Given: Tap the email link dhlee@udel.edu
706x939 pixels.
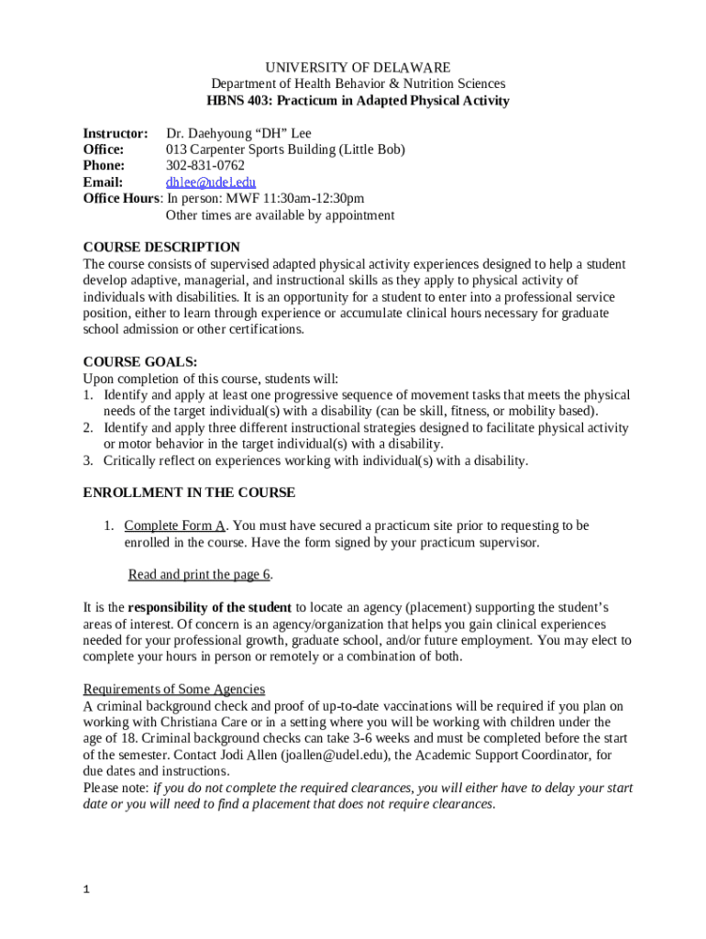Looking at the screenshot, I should (210, 182).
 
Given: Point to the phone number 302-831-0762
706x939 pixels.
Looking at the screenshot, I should (204, 166).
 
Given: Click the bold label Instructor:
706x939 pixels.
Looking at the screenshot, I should (116, 133).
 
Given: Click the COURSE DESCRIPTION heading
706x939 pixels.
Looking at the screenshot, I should (161, 248).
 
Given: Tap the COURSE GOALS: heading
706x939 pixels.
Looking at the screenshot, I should (140, 362).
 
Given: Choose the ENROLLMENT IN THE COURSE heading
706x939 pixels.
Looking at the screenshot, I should (189, 492).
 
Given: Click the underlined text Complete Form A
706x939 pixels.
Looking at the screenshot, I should (175, 525).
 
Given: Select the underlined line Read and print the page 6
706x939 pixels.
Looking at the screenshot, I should (200, 575).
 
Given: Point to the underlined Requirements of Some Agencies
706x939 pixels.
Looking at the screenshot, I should (174, 689).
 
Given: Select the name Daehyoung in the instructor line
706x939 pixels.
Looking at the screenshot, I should (223, 133).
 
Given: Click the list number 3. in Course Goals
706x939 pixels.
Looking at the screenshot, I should (89, 460).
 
